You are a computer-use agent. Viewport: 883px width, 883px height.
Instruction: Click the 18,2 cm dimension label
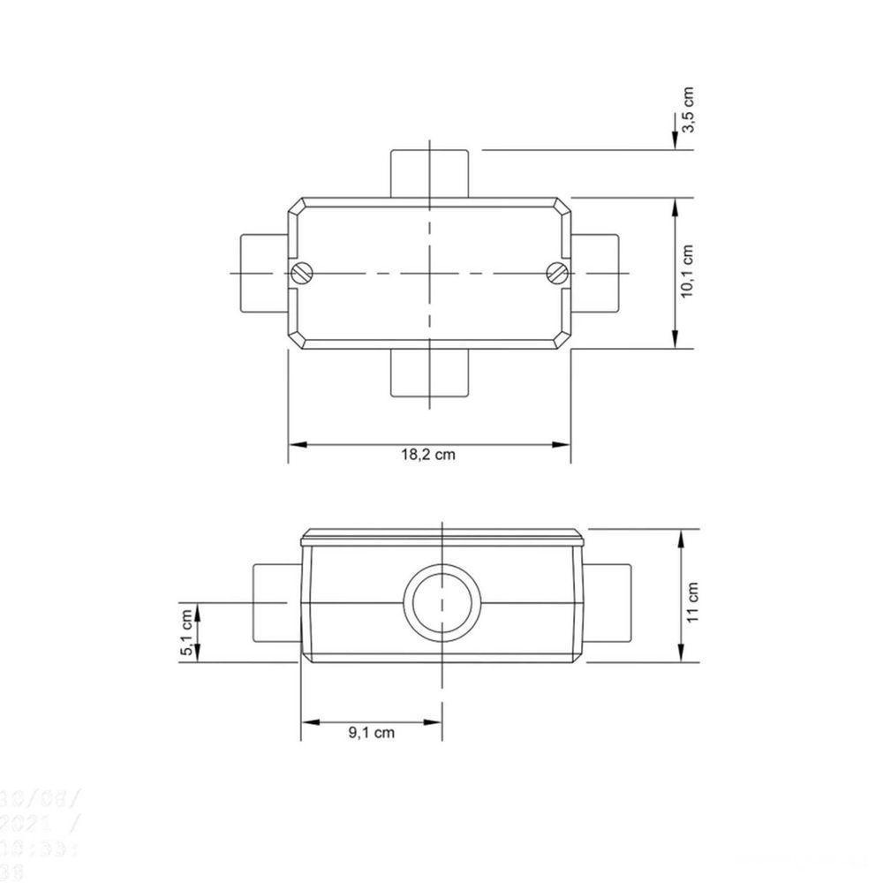pyautogui.click(x=428, y=456)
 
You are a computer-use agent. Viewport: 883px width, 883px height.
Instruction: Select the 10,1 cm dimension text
pyautogui.click(x=690, y=271)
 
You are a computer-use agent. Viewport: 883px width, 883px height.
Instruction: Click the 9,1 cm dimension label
pyautogui.click(x=371, y=733)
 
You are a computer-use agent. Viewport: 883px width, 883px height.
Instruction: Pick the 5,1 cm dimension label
pyautogui.click(x=186, y=631)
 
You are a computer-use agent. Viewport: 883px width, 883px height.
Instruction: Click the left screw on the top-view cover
pyautogui.click(x=303, y=272)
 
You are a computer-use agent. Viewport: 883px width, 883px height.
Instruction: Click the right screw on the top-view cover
pyautogui.click(x=556, y=272)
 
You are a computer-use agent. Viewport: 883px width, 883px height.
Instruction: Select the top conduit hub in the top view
pyautogui.click(x=429, y=173)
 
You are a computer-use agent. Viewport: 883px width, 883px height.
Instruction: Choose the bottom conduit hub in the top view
pyautogui.click(x=429, y=373)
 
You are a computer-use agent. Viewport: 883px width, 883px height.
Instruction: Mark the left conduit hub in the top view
pyautogui.click(x=263, y=272)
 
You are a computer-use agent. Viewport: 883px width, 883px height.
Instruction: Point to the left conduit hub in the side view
pyautogui.click(x=276, y=603)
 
